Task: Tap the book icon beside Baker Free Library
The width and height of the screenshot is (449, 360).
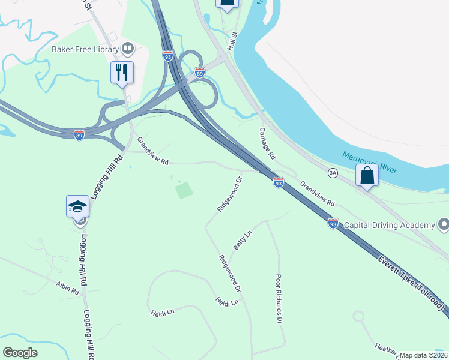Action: tap(127, 48)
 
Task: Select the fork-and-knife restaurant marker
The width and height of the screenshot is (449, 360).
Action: tap(122, 73)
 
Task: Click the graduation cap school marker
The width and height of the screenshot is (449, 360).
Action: tap(77, 207)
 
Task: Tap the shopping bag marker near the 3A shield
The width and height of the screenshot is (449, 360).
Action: tap(367, 176)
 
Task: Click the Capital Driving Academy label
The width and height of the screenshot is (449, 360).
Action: tap(389, 225)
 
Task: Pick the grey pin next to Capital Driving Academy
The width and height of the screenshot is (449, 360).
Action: tap(444, 225)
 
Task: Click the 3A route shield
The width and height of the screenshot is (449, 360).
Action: tap(333, 173)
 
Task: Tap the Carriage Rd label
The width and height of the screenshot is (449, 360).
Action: tap(267, 143)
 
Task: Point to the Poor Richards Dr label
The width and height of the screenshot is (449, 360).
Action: tap(279, 299)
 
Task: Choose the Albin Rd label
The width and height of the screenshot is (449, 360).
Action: tap(67, 290)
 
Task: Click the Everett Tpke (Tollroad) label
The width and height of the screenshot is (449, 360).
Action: tap(411, 282)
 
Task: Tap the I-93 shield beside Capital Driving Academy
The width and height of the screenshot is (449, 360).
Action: tap(333, 223)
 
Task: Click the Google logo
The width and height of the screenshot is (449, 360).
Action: tap(20, 353)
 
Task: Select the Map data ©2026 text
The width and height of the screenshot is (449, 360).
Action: tap(423, 355)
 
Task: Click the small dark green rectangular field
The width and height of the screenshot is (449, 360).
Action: tap(184, 191)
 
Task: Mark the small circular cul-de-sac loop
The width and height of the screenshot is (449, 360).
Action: tap(358, 316)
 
